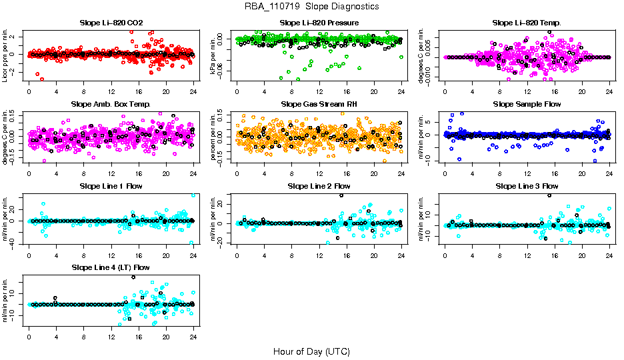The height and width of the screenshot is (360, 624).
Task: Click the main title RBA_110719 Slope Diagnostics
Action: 311,6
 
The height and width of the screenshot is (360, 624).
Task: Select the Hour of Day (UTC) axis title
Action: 311,351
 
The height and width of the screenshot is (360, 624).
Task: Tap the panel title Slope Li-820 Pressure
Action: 319,23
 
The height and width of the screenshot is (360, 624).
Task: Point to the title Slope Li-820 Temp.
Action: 527,23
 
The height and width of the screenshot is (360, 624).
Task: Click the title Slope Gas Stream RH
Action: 319,105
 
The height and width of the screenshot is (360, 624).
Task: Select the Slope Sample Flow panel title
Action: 527,105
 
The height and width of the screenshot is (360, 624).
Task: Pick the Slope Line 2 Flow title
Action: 319,186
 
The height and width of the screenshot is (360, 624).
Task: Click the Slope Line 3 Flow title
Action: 527,186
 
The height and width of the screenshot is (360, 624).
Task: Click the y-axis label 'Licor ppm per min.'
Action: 6,55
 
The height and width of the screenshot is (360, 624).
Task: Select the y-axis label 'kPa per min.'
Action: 214,55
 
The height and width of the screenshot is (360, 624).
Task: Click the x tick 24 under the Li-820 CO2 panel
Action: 193,92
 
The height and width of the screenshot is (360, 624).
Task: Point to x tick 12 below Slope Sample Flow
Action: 527,173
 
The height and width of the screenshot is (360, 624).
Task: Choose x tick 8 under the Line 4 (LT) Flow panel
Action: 83,336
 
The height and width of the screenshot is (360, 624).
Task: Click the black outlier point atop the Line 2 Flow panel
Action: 341,195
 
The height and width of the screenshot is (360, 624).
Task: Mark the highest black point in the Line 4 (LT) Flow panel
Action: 133,277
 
